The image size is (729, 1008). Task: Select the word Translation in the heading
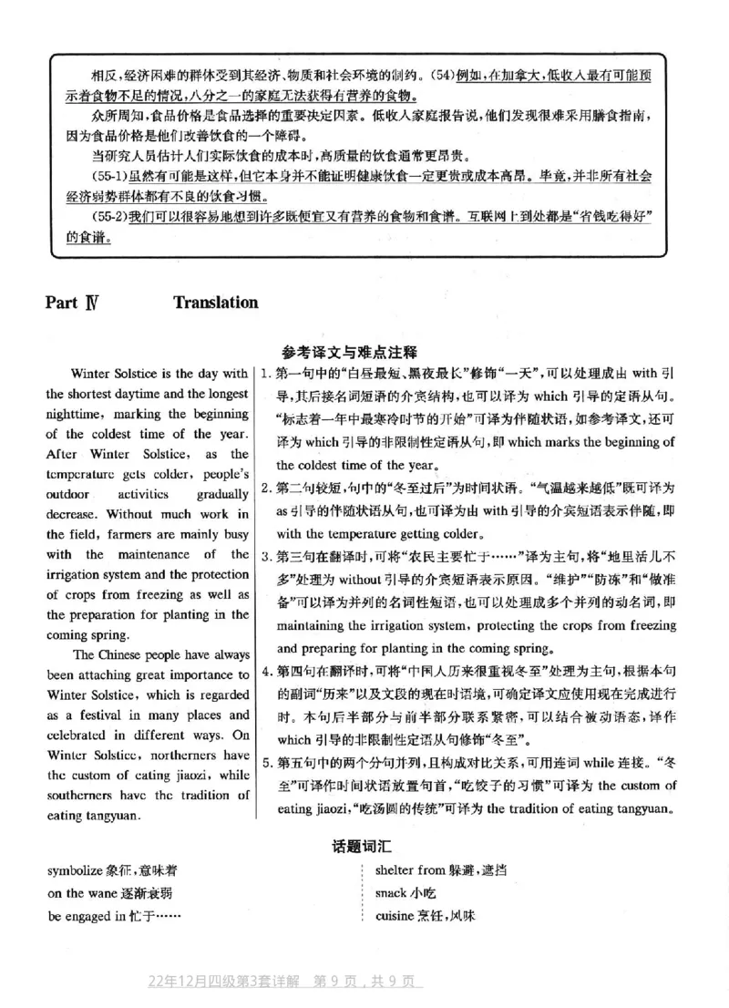[215, 303]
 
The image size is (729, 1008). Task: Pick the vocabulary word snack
[390, 893]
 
